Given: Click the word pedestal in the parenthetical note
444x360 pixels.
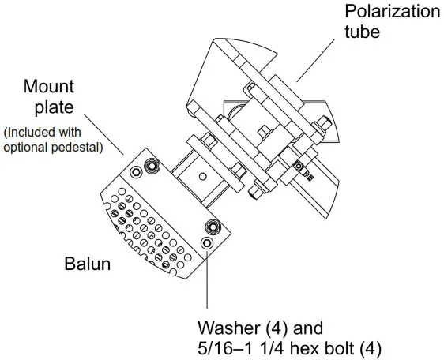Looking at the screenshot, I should click(x=80, y=145).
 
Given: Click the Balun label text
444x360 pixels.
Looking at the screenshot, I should click(x=87, y=263).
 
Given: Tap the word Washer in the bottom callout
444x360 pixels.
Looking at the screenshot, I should click(x=228, y=327).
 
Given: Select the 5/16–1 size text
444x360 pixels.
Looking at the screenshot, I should click(x=225, y=348).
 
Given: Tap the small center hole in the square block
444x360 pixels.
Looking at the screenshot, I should click(x=202, y=176).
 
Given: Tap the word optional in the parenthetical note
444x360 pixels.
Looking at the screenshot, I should click(x=29, y=145).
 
